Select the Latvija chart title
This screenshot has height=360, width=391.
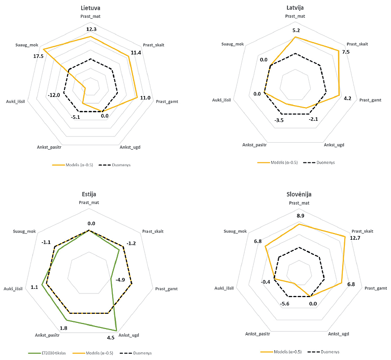(x=295, y=8)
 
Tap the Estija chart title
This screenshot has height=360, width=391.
(x=89, y=194)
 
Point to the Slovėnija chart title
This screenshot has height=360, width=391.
(x=299, y=194)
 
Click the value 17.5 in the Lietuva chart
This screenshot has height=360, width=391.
(x=37, y=56)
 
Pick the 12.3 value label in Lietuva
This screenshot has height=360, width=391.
(x=91, y=29)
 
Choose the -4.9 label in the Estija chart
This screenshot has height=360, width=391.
(x=120, y=280)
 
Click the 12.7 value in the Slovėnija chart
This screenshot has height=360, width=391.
(x=355, y=238)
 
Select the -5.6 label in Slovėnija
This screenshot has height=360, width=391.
(x=284, y=304)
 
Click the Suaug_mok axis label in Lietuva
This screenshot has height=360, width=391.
(x=26, y=44)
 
